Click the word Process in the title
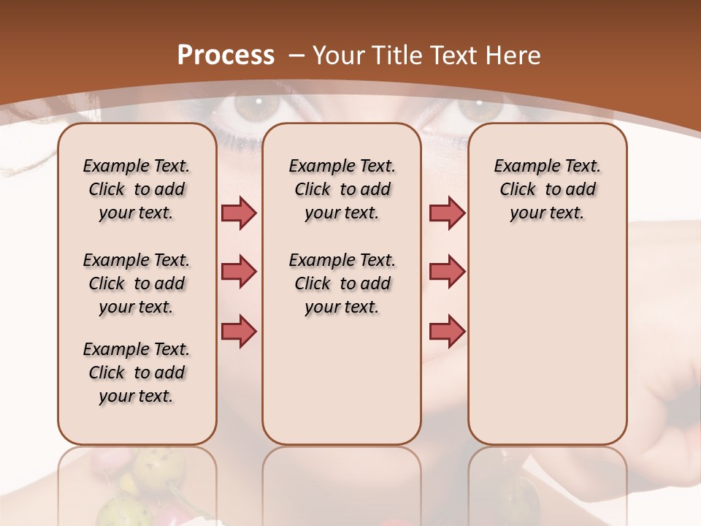pos(226,56)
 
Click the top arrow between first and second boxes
pos(239,213)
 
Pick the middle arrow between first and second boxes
pos(239,272)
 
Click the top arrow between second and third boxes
pos(447,213)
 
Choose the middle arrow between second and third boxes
pos(447,272)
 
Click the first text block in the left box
pos(137,189)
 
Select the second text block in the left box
pos(137,283)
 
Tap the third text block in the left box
pos(137,373)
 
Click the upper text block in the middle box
pos(342,189)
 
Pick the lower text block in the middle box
pos(342,283)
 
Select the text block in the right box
pos(547,189)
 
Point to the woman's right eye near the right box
pos(479,109)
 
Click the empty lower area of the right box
pos(547,351)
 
